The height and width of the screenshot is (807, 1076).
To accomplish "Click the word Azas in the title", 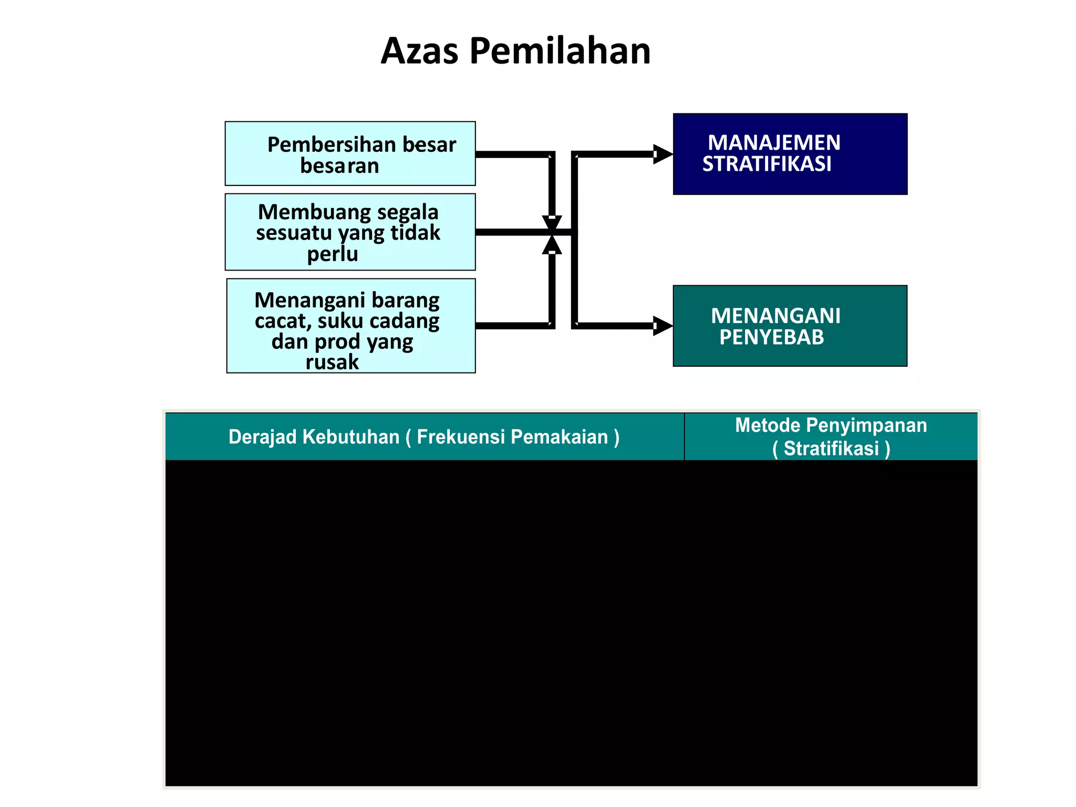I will (419, 51).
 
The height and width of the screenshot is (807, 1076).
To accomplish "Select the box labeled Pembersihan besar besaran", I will (350, 153).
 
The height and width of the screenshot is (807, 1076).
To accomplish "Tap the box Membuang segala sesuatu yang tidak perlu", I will (350, 232).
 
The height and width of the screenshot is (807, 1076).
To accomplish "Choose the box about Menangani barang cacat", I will (350, 326).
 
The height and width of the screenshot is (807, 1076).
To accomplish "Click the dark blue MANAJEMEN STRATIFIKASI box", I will (790, 154).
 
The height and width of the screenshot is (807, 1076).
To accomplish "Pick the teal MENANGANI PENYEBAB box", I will (790, 326).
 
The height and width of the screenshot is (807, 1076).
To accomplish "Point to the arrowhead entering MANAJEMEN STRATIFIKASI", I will (663, 154).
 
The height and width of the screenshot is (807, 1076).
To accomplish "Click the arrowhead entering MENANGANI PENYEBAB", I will (663, 326).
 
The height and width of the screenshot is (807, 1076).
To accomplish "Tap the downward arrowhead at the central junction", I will (552, 223).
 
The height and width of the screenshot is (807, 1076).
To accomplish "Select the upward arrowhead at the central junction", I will (552, 245).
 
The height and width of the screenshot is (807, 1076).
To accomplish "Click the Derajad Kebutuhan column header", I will (424, 437).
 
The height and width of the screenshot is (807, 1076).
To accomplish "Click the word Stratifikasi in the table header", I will (831, 449).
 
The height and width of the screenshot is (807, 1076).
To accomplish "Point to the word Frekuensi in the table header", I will (461, 437).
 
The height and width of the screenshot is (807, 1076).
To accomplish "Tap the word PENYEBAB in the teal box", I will (771, 337).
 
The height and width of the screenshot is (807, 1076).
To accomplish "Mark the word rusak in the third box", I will (332, 362).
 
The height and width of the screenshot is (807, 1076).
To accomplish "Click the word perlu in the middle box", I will (333, 254).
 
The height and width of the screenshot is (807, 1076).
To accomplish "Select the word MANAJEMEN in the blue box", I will (774, 143).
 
